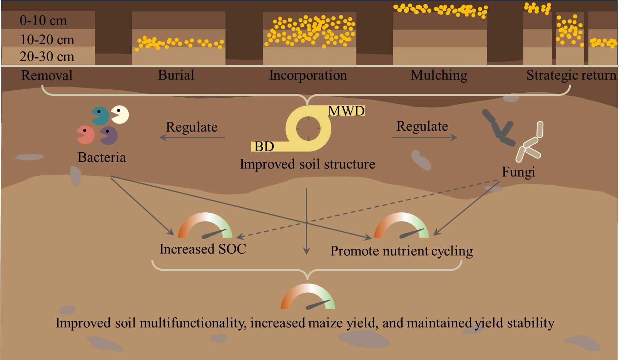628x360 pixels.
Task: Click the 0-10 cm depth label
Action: (43, 20)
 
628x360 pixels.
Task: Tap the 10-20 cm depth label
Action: (47, 40)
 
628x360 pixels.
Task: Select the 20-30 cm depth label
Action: (47, 56)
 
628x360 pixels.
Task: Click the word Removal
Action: (47, 75)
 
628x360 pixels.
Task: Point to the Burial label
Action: (176, 75)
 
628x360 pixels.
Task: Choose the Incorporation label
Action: (308, 75)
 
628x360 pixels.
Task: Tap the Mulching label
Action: (439, 75)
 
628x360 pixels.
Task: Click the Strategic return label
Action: (571, 75)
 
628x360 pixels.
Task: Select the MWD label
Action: (347, 111)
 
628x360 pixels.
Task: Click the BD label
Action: (264, 147)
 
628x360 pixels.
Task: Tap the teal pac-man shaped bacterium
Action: (100, 116)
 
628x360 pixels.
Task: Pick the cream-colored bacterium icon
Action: (120, 115)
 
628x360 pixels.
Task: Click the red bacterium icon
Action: (86, 135)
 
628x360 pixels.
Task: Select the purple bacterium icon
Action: (109, 136)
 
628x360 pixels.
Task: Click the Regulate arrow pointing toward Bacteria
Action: (192, 138)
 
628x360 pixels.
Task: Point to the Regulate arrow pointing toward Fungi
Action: (424, 138)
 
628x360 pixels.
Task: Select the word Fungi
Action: (518, 172)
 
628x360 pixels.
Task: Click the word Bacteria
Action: (102, 157)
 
